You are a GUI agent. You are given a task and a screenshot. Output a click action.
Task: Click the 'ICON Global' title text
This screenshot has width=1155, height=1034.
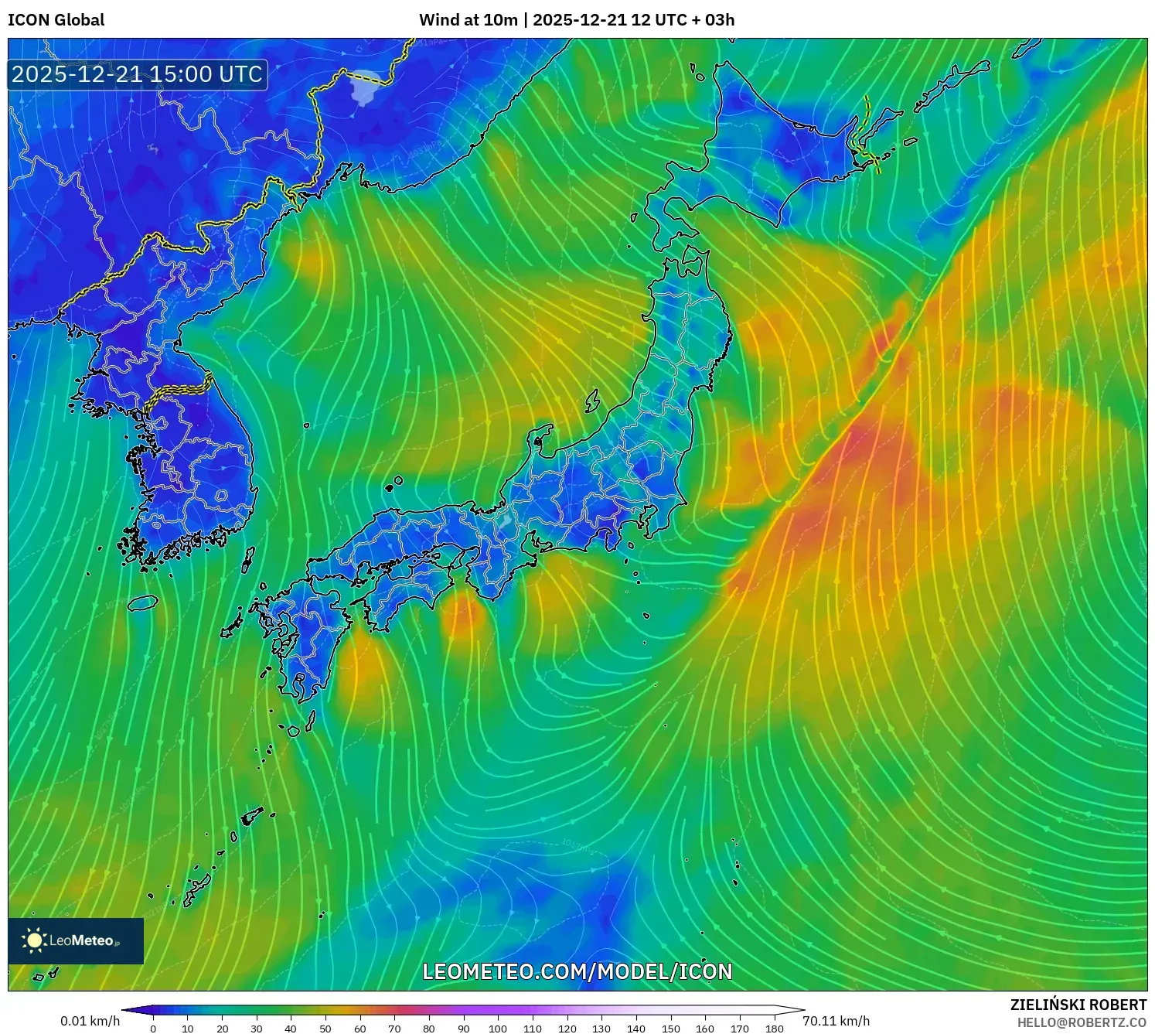(x=56, y=20)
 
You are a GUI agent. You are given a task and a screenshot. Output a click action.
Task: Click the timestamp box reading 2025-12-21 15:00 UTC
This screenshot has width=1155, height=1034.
(x=137, y=74)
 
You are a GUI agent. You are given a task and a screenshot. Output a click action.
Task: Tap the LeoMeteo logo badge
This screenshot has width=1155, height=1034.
(x=76, y=940)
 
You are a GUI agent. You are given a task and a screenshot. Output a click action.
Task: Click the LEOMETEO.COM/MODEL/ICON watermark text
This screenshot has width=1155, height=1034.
(x=577, y=971)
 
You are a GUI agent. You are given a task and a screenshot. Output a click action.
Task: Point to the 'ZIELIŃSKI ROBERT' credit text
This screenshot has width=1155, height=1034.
(x=1078, y=1005)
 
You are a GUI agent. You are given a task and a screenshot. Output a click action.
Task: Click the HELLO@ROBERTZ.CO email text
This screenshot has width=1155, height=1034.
(x=1081, y=1022)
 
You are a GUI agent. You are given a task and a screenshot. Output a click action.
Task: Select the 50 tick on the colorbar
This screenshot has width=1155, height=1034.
(x=325, y=1028)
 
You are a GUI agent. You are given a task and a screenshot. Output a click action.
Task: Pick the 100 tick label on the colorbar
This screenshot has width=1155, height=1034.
(x=498, y=1028)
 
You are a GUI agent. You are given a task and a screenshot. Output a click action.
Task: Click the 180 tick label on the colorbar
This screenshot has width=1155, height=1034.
(x=774, y=1028)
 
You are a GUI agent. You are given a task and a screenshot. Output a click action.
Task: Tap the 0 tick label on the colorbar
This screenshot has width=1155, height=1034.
(x=153, y=1028)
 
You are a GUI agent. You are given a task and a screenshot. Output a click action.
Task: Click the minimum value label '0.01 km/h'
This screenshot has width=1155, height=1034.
(x=90, y=1021)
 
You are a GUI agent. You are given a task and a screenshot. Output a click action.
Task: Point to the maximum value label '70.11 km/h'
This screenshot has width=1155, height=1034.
(x=836, y=1021)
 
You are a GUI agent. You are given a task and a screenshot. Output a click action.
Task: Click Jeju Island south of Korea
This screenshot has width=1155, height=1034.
(x=143, y=602)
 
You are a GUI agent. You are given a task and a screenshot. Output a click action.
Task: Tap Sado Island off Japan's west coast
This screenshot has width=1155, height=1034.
(x=592, y=401)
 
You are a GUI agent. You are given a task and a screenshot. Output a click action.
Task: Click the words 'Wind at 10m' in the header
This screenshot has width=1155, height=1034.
(x=468, y=20)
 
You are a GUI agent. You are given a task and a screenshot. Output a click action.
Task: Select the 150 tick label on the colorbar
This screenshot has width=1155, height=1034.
(x=670, y=1028)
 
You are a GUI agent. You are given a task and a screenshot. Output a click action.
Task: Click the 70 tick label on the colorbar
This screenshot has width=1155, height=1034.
(x=394, y=1028)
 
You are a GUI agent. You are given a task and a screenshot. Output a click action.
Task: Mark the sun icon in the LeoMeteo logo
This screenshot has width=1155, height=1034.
(x=34, y=940)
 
